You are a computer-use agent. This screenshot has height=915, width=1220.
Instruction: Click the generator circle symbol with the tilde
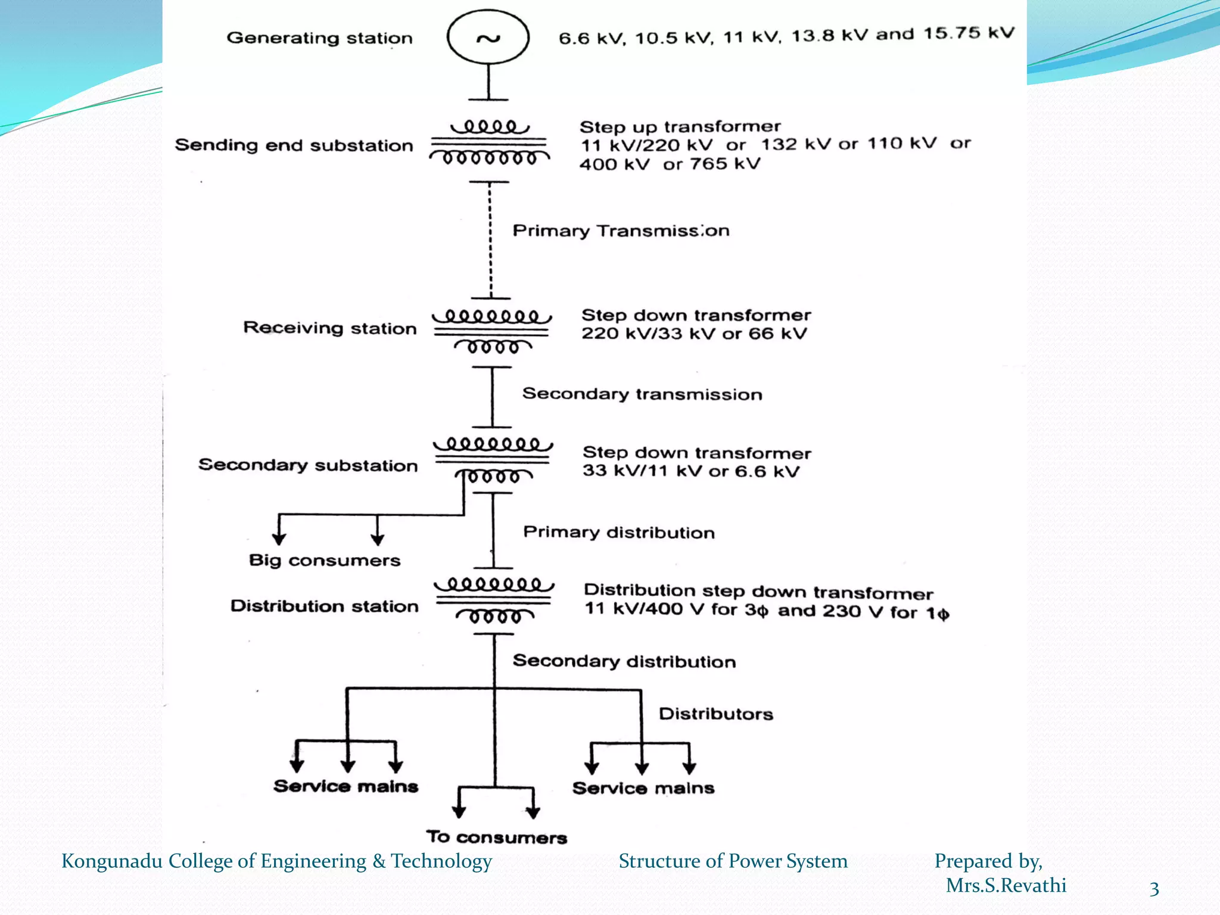coord(488,37)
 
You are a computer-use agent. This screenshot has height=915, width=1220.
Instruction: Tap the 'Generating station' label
coord(319,38)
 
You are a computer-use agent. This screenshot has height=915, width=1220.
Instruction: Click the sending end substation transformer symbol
coord(489,143)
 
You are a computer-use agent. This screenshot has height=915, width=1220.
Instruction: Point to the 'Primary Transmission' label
coord(621,231)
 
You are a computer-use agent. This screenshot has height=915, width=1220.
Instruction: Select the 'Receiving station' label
coord(329,328)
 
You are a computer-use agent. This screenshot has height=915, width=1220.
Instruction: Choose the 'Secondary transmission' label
coord(642,394)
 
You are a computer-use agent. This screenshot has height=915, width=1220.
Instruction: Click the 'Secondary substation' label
coord(308,465)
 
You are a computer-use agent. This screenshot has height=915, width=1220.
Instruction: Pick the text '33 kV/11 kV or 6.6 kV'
coord(690,471)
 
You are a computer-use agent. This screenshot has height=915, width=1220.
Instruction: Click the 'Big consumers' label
coord(325,560)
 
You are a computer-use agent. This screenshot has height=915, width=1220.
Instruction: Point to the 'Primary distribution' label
coord(618,532)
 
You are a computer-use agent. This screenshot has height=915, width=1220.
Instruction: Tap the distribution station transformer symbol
coord(494,600)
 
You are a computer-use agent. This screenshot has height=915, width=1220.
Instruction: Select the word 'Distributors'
coord(715,714)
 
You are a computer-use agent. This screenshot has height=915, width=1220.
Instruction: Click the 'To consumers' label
coord(496,837)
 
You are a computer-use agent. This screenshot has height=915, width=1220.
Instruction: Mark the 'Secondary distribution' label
coord(624,661)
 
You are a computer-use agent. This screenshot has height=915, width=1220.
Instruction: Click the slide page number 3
coord(1154,889)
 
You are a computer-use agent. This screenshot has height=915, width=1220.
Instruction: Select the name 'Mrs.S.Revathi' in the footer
coord(1006,886)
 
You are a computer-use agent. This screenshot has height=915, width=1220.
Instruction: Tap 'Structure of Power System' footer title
coord(733,861)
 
